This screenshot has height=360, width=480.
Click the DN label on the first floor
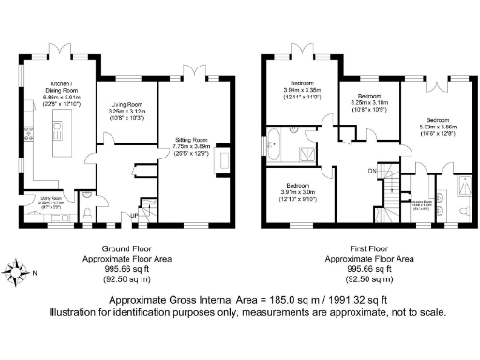click(x=371, y=172)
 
